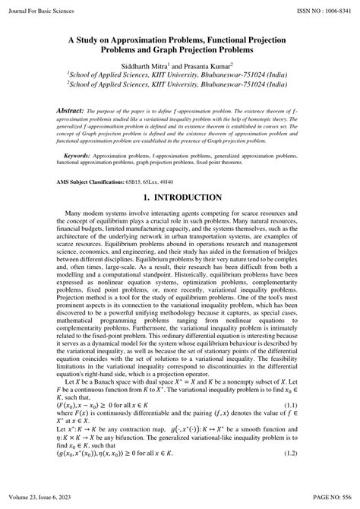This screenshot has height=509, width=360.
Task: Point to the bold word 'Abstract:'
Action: [x=73, y=111]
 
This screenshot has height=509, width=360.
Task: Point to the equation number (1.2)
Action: [x=331, y=473]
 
